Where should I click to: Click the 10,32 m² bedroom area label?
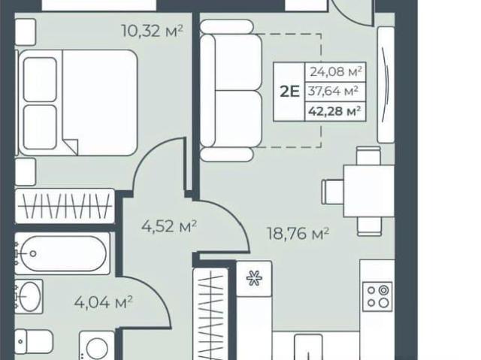pyautogui.click(x=153, y=31)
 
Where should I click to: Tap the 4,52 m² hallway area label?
pyautogui.click(x=169, y=226)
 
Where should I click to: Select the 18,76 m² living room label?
pyautogui.click(x=298, y=233)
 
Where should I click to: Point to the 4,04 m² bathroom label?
pyautogui.click(x=103, y=302)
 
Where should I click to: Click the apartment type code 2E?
pyautogui.click(x=289, y=92)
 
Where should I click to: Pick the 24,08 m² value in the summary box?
pyautogui.click(x=336, y=71)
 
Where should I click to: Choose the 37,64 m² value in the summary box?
pyautogui.click(x=334, y=91)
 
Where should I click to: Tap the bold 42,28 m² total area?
pyautogui.click(x=334, y=110)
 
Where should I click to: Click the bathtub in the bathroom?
pyautogui.click(x=62, y=253)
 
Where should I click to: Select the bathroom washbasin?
pyautogui.click(x=29, y=296)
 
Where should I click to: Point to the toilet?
pyautogui.click(x=34, y=341)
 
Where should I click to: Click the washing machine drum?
pyautogui.click(x=97, y=348)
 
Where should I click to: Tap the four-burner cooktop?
pyautogui.click(x=377, y=297)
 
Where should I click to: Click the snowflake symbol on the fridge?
pyautogui.click(x=254, y=278)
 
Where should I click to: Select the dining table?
pyautogui.click(x=368, y=191)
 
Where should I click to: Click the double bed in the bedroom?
pyautogui.click(x=78, y=102)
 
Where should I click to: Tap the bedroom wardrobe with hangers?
pyautogui.click(x=65, y=206)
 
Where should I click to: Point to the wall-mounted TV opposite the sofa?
pyautogui.click(x=386, y=84)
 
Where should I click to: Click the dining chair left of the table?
pyautogui.click(x=332, y=192)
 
